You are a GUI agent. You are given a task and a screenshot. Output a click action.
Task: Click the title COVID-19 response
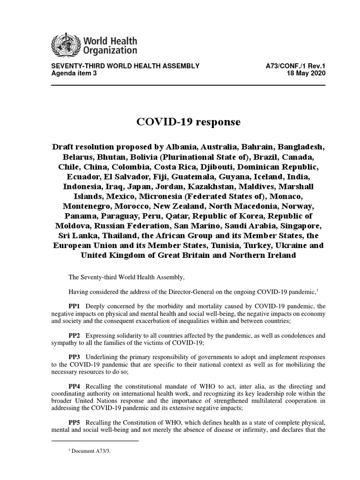(188, 122)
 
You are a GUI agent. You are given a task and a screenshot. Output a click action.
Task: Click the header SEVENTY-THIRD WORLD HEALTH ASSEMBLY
(125, 67)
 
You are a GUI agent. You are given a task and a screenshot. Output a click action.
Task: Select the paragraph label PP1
(75, 306)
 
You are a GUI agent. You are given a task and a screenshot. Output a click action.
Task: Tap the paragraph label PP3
(75, 357)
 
